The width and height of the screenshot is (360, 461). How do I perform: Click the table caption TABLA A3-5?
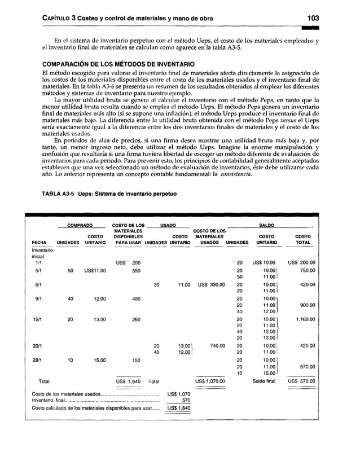(x=59, y=194)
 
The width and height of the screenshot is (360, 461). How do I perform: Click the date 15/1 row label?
(x=37, y=319)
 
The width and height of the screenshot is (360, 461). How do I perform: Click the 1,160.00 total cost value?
(x=304, y=319)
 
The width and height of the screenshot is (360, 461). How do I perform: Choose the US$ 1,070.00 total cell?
(x=210, y=381)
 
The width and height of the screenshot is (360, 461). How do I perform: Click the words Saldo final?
(x=264, y=381)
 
